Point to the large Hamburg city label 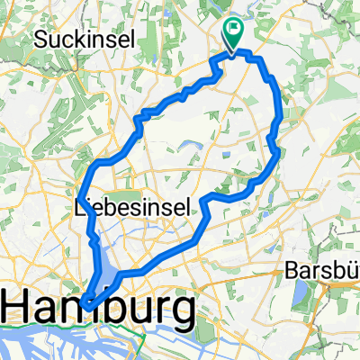[99, 310]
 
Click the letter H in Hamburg [21, 310]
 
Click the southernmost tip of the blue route [84, 304]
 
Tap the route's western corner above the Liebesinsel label [81, 197]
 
